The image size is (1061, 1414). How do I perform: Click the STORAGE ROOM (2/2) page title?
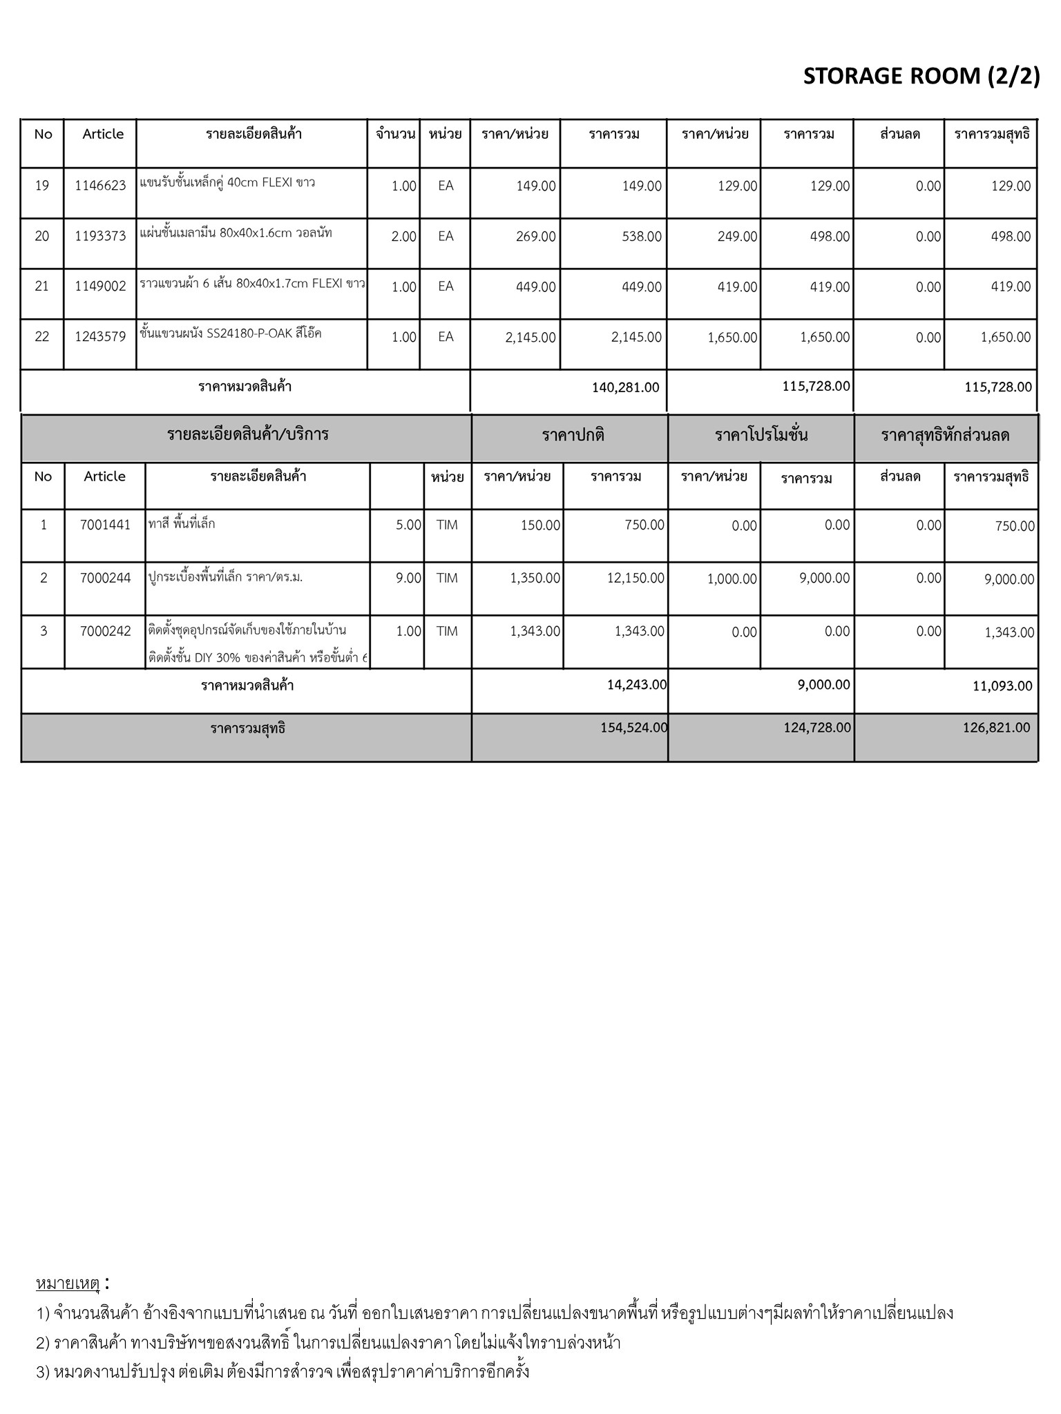click(x=921, y=76)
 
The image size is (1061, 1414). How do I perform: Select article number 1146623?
click(x=101, y=186)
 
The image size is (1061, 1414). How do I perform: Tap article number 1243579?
click(x=101, y=337)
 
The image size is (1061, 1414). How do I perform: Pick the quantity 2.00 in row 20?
click(x=403, y=237)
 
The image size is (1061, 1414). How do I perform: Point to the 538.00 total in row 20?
click(x=642, y=237)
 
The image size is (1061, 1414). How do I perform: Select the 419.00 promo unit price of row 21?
click(x=737, y=287)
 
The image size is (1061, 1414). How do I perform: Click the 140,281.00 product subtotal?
click(x=625, y=387)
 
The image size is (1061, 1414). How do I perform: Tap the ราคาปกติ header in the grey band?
click(x=573, y=435)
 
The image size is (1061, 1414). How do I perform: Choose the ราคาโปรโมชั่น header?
click(x=761, y=435)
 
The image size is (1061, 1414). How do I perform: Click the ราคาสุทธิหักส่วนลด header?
click(x=945, y=435)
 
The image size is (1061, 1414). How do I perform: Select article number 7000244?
click(x=105, y=579)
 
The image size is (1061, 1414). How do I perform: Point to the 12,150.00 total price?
click(x=635, y=579)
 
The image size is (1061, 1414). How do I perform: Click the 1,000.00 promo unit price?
click(x=732, y=579)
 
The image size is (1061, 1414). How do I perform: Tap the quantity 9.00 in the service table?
click(x=408, y=579)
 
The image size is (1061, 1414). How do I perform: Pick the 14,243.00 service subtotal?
click(x=637, y=685)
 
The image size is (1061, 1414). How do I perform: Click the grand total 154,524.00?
click(x=633, y=728)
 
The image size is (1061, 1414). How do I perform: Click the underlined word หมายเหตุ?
click(x=68, y=1284)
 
